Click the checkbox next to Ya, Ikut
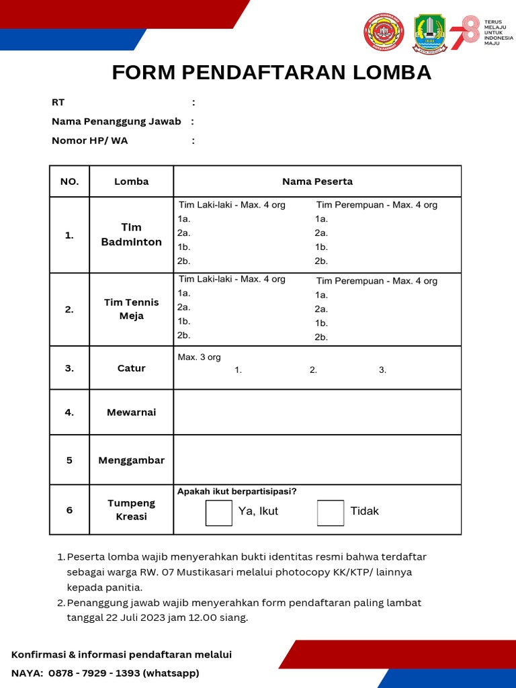click(x=218, y=513)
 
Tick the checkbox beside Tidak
click(x=330, y=513)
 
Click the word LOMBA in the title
click(x=386, y=73)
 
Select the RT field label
click(x=58, y=103)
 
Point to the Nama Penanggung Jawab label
click(x=116, y=122)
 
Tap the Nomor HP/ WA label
click(x=89, y=140)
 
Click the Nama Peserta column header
click(x=317, y=181)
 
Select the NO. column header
click(x=69, y=181)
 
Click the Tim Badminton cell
click(x=132, y=234)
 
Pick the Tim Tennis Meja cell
click(x=132, y=309)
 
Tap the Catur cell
click(x=132, y=368)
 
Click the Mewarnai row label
click(x=132, y=413)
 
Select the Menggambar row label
click(x=132, y=460)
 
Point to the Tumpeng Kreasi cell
click(x=132, y=510)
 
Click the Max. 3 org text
click(x=199, y=357)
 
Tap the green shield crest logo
click(x=429, y=34)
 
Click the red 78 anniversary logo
click(x=465, y=34)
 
